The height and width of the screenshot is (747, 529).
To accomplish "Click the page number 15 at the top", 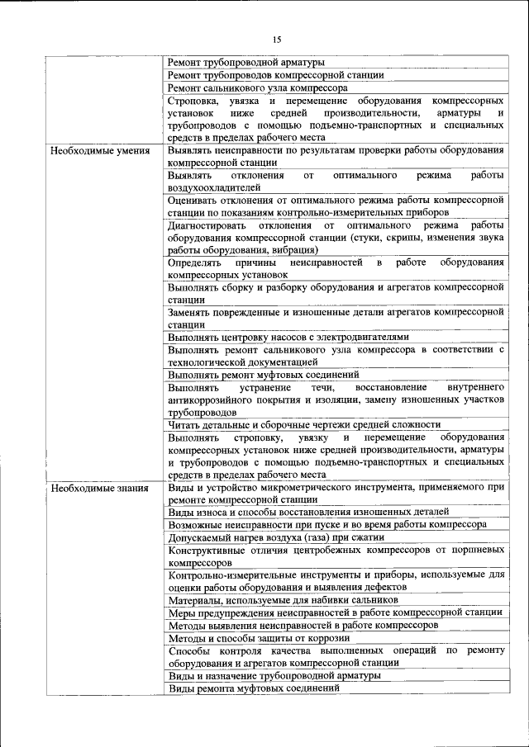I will point(277,39).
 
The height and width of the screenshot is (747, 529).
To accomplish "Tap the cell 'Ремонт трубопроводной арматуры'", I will point(245,63).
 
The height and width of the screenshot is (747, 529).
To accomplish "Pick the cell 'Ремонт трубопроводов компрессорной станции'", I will point(275,75).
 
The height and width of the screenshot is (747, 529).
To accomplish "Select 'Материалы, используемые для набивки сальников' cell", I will point(284,600).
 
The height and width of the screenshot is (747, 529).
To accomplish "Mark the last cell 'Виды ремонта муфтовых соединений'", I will point(254,688).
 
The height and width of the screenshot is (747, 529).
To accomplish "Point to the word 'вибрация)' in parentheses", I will point(295,250).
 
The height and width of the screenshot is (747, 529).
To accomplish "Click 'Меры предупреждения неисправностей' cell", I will point(335,612).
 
